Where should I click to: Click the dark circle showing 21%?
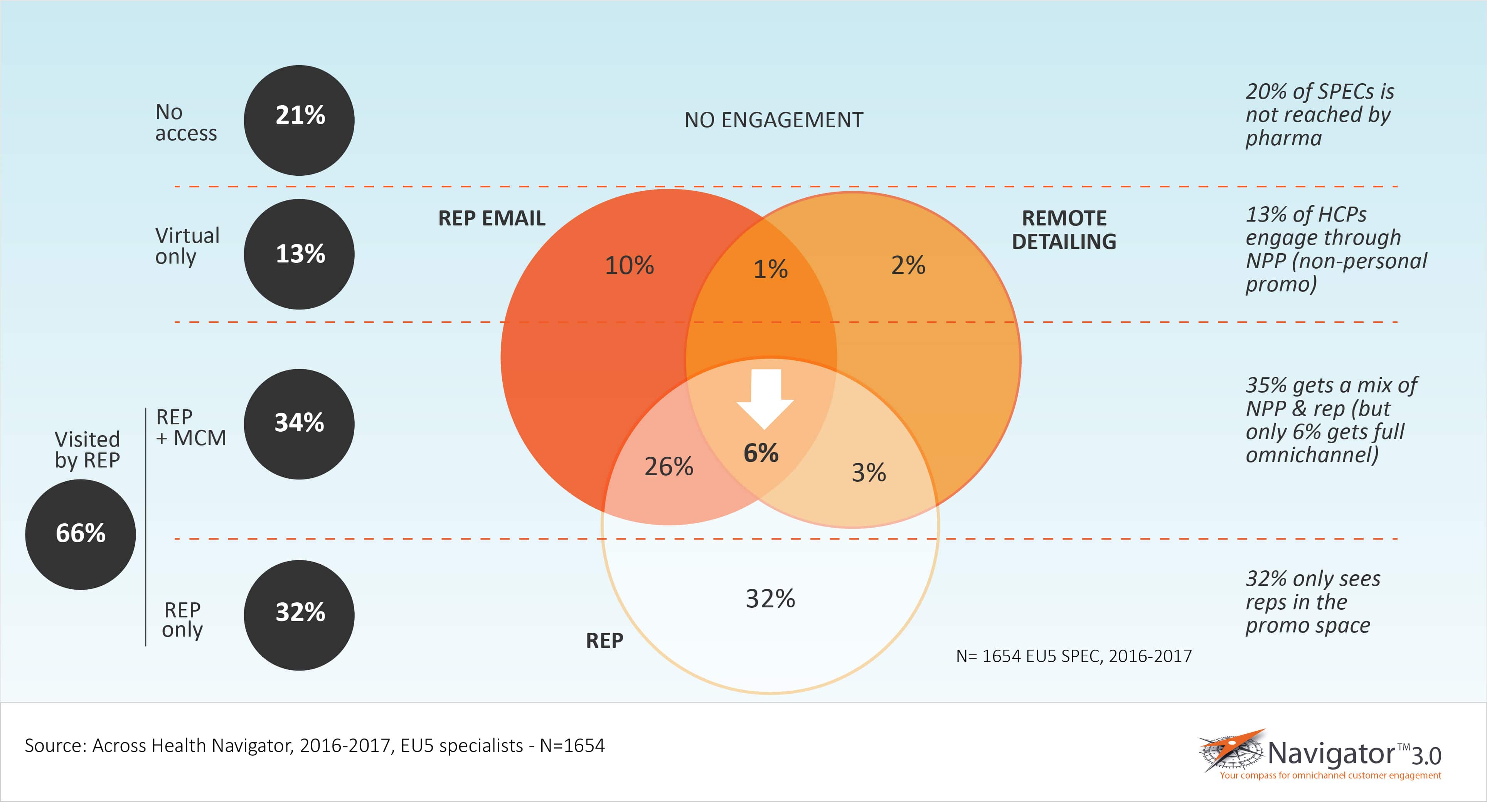[299, 120]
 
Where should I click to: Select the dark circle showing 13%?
[299, 254]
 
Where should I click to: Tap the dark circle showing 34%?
[299, 424]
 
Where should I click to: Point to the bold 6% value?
[761, 453]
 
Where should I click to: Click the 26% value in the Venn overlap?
[669, 466]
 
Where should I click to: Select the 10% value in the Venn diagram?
[629, 266]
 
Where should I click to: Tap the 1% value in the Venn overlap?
[770, 269]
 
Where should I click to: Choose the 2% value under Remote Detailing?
[908, 266]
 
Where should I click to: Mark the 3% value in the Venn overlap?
[869, 472]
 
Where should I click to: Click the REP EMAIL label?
[492, 218]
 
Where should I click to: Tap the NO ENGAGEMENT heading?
[773, 120]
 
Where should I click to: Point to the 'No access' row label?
[186, 122]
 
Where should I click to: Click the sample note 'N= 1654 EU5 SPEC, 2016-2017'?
[1074, 656]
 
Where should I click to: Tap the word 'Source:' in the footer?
[56, 745]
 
